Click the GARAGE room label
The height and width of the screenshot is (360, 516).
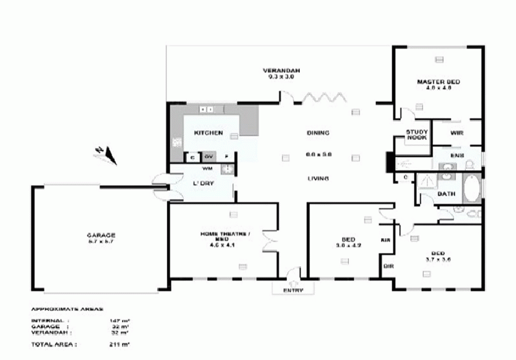101,235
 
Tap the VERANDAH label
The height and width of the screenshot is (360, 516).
281,70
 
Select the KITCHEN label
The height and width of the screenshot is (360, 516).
208,133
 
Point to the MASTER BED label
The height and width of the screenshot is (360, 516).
439,82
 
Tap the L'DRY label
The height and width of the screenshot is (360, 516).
203,183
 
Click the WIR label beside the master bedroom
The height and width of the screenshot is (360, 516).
457,133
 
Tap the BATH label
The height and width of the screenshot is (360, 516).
446,194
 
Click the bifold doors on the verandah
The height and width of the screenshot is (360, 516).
321,97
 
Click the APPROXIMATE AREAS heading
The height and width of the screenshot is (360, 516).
67,309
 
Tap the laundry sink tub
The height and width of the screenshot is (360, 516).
226,169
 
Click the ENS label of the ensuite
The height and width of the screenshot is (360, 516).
457,155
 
